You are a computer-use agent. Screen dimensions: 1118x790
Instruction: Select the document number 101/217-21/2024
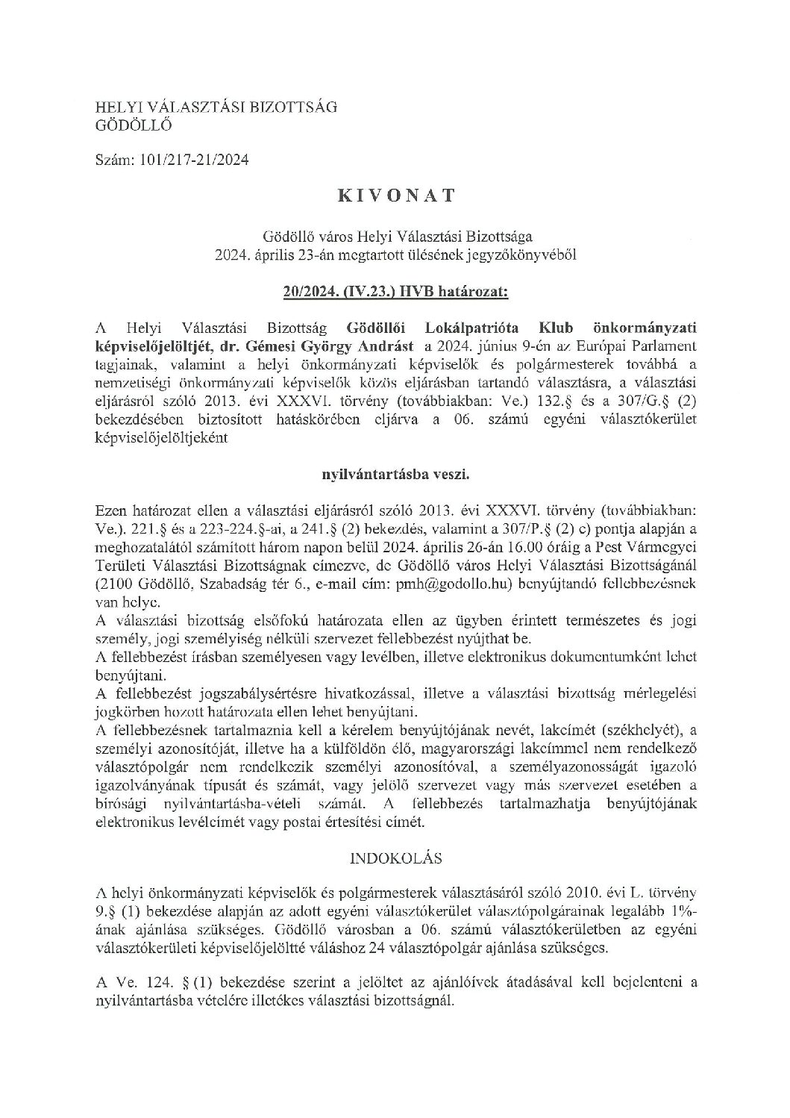[190, 160]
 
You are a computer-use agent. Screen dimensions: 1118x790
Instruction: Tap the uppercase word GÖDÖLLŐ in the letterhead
[134, 125]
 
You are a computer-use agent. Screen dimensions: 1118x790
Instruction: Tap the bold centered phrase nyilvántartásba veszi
[395, 473]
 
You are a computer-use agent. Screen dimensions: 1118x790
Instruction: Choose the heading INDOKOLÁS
[395, 858]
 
